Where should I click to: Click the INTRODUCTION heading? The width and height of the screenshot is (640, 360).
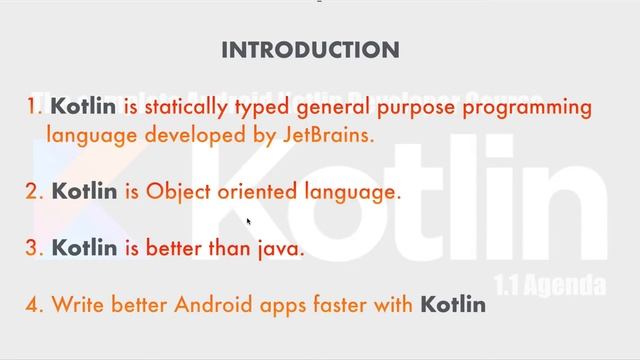point(309,50)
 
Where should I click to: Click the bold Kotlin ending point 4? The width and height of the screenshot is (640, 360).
point(452,303)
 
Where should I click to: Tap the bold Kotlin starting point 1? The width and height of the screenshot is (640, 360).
point(83,106)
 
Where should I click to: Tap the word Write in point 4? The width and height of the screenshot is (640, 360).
point(76,303)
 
